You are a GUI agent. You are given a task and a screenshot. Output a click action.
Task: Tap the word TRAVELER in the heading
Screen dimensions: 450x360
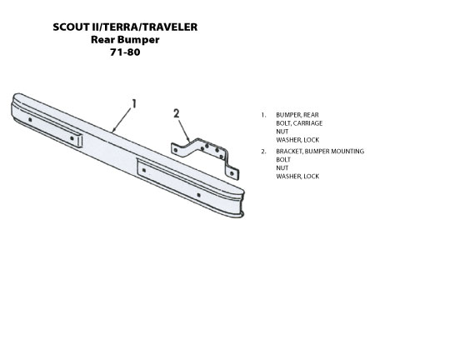(170, 27)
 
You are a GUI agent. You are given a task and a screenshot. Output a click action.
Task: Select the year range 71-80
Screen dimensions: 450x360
(125, 52)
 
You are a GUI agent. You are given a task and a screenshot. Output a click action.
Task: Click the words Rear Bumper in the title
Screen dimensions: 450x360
(125, 40)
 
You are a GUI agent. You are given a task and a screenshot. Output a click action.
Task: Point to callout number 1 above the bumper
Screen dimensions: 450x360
(134, 104)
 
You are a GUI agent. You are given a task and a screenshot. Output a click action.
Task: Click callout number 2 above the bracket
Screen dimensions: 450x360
(176, 113)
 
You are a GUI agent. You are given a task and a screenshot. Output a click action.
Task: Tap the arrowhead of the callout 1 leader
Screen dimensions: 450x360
(113, 131)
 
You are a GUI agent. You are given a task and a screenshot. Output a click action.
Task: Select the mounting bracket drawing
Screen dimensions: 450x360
(205, 157)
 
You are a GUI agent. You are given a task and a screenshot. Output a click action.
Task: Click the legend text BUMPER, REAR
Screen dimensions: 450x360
(297, 115)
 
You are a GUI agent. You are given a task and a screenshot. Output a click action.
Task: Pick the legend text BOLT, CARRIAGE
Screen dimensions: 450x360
(299, 123)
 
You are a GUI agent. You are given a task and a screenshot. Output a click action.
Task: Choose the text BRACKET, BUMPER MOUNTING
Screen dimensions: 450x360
(320, 152)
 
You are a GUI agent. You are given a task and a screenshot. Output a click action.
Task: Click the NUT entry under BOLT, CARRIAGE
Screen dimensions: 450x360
(282, 132)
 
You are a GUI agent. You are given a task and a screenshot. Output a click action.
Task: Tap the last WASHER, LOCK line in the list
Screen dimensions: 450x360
(297, 177)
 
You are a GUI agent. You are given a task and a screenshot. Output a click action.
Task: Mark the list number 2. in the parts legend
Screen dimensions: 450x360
(263, 152)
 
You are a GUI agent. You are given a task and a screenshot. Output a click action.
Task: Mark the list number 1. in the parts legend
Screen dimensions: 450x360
(263, 115)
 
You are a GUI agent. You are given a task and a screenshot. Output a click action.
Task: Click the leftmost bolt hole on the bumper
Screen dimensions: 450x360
(30, 120)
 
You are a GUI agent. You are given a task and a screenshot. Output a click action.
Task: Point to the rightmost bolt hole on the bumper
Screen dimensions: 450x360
(198, 195)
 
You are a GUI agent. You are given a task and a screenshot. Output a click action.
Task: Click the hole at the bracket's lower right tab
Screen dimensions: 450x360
(232, 173)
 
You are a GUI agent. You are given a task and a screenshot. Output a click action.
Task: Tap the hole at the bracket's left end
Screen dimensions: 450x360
(176, 150)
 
